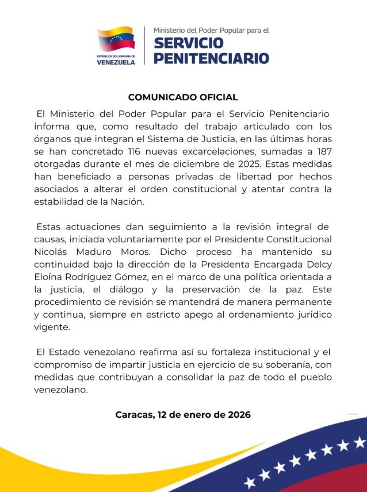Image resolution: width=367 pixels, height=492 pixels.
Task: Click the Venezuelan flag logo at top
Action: (x=116, y=40)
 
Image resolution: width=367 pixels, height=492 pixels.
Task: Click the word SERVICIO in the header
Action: (x=189, y=43)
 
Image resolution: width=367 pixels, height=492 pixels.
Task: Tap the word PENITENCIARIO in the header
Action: (x=211, y=58)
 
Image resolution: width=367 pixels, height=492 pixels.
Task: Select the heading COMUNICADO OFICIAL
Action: (x=183, y=97)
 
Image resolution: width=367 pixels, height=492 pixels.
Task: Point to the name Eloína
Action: (x=53, y=277)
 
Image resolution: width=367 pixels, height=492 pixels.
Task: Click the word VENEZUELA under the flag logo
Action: (x=116, y=62)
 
